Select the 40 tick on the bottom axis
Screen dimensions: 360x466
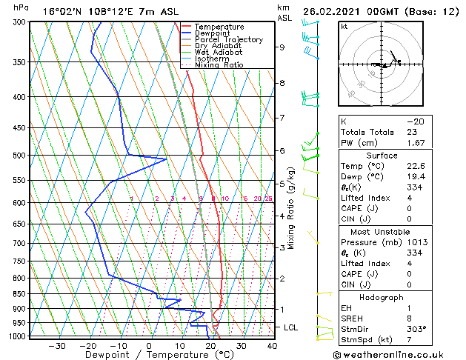point(272,345)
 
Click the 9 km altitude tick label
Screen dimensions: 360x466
point(282,47)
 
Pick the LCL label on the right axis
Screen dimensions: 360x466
point(292,327)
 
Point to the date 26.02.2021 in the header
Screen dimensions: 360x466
point(334,11)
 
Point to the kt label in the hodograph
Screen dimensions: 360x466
point(344,27)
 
